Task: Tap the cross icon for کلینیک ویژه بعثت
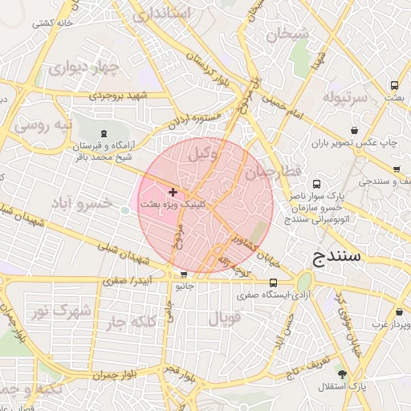[173, 193]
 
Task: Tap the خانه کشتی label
[52, 23]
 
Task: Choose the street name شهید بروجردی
[119, 96]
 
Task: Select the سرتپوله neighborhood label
[344, 97]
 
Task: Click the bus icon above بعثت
[394, 85]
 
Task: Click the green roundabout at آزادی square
[304, 283]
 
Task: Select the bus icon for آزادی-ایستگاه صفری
[274, 283]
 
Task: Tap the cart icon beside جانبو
[185, 274]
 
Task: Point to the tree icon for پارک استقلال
[343, 374]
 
